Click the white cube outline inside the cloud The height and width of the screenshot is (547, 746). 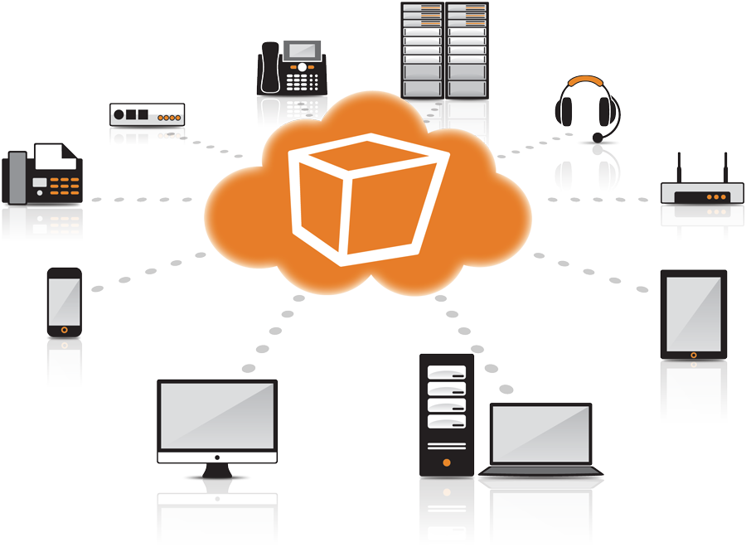[x=366, y=202]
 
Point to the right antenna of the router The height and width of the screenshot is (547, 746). [x=724, y=167]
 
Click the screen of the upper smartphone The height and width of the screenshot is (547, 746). [x=64, y=299]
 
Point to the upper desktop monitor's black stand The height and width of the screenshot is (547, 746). [x=216, y=474]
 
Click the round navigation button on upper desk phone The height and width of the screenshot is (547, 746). [x=302, y=66]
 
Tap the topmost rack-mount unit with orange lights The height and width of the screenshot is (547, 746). [x=147, y=114]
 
